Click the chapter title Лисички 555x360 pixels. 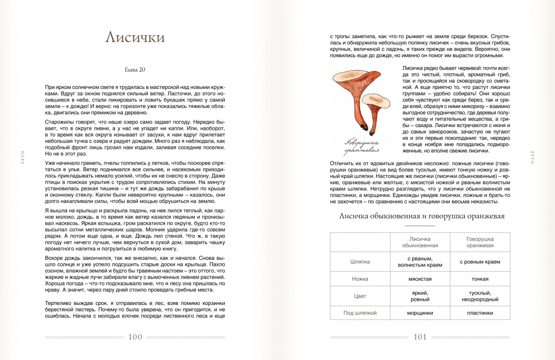tap(135, 37)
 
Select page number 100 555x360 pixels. tap(135, 337)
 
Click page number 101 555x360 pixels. tap(420, 337)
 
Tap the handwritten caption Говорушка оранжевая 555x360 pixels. tap(362, 147)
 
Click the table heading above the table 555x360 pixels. tap(421, 216)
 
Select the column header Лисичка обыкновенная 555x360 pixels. tap(420, 242)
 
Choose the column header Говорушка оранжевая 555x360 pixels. tap(480, 242)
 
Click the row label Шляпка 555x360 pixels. tap(360, 262)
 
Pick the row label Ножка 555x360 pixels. tap(360, 279)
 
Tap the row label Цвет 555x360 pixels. tap(360, 296)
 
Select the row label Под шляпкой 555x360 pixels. tap(360, 313)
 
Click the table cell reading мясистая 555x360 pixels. tap(420, 279)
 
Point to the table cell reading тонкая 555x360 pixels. tap(480, 279)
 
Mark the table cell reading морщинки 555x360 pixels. tap(420, 313)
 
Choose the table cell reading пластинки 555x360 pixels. tap(480, 313)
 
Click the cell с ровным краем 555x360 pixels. tap(480, 262)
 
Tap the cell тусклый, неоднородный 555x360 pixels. tap(480, 296)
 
